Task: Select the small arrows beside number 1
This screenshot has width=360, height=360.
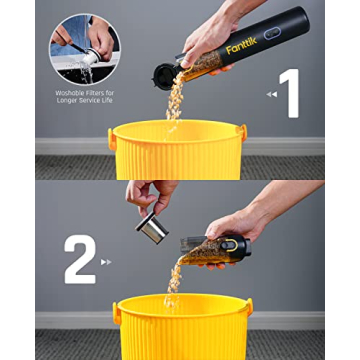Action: (270, 94)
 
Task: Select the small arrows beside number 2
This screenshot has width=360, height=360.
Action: (106, 262)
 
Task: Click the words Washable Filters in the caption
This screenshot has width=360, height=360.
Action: (84, 92)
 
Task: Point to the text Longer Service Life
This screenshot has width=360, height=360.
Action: (84, 99)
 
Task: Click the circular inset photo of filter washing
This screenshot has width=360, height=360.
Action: (84, 48)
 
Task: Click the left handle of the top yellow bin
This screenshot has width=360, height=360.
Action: (112, 137)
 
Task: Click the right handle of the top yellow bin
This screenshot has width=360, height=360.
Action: (241, 132)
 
